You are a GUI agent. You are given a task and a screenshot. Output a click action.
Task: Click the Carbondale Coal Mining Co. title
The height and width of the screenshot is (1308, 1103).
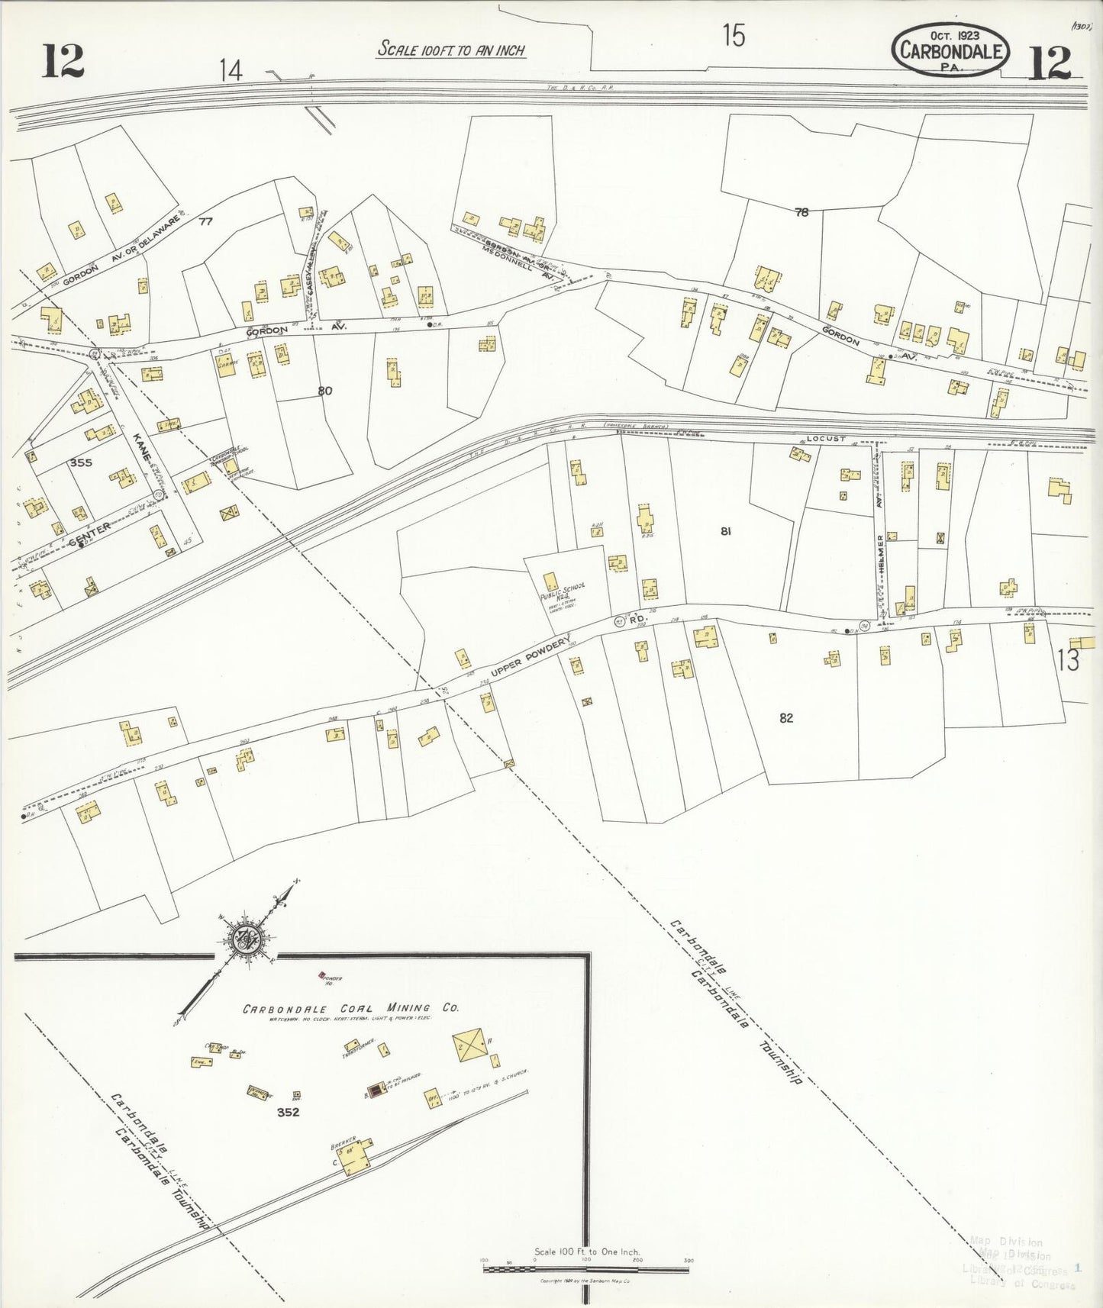pyautogui.click(x=350, y=1008)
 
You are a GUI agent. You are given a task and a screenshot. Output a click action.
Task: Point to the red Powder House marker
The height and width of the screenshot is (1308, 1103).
pyautogui.click(x=322, y=975)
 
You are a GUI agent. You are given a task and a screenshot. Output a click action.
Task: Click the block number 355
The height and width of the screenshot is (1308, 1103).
pyautogui.click(x=80, y=462)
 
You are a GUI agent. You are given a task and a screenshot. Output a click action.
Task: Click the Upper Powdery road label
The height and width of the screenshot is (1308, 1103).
pyautogui.click(x=530, y=659)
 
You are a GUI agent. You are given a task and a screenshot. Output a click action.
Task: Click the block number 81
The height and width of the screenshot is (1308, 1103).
pyautogui.click(x=725, y=531)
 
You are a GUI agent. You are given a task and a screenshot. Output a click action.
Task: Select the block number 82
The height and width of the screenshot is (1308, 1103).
pyautogui.click(x=786, y=717)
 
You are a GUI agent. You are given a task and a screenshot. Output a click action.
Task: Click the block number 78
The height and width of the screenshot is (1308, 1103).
pyautogui.click(x=801, y=213)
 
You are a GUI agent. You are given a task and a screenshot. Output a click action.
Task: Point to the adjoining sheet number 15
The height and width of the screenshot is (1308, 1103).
pyautogui.click(x=733, y=36)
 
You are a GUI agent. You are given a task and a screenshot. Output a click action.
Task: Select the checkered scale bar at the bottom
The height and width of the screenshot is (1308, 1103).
pyautogui.click(x=586, y=1268)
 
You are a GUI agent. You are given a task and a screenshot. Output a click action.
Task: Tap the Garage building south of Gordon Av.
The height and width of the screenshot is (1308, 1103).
pyautogui.click(x=225, y=362)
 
